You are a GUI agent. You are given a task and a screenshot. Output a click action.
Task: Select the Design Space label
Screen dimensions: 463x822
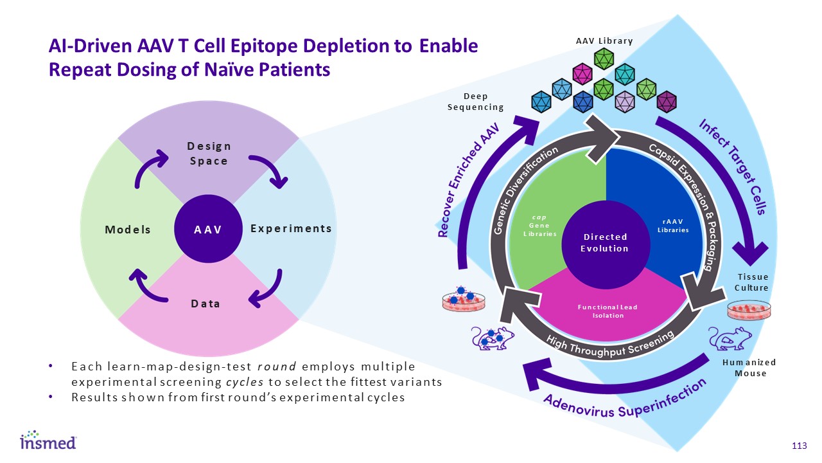pos(209,154)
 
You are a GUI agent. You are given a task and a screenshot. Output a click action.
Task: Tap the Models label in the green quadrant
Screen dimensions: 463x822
pos(128,230)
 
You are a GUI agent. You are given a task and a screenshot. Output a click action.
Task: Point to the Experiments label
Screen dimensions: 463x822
pos(291,228)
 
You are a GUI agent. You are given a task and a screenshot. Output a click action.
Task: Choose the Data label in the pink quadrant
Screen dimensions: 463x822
pos(205,303)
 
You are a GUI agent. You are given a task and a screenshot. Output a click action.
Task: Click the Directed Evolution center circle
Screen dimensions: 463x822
pos(604,243)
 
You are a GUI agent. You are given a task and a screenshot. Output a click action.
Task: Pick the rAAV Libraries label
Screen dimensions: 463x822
pos(675,226)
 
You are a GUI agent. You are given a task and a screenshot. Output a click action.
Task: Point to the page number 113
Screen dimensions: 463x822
pos(799,446)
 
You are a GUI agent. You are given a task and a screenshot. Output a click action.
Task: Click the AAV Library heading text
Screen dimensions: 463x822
pos(604,41)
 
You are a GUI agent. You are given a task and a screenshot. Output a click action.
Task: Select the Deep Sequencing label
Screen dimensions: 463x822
pos(476,102)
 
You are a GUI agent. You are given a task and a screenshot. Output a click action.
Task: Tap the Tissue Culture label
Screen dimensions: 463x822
pos(751,282)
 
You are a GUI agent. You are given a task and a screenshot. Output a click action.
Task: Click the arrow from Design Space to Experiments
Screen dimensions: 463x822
pos(269,170)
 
